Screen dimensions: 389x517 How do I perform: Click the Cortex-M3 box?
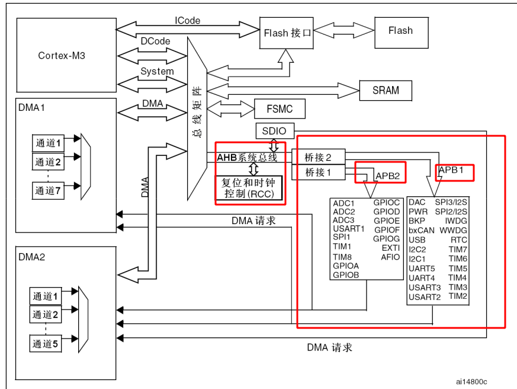click(x=66, y=55)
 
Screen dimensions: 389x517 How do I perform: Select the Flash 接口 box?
click(x=287, y=32)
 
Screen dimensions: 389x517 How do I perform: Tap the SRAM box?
click(x=386, y=90)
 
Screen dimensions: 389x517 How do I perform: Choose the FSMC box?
click(x=281, y=109)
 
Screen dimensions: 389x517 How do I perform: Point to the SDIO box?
click(x=274, y=130)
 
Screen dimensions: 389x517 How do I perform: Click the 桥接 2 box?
click(x=318, y=157)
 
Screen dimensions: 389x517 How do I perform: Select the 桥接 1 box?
click(x=318, y=173)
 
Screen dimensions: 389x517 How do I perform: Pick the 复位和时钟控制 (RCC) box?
click(x=249, y=187)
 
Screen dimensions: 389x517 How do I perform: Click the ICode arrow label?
click(x=187, y=20)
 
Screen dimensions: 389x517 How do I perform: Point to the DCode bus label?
click(x=155, y=42)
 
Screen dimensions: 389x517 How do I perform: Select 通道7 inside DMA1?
click(x=48, y=192)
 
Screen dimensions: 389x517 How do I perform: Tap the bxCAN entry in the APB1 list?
click(x=421, y=230)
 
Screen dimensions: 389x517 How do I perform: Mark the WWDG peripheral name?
click(x=454, y=230)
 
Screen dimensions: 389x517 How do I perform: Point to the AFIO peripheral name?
click(x=390, y=257)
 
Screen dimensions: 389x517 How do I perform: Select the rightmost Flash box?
click(x=400, y=30)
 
